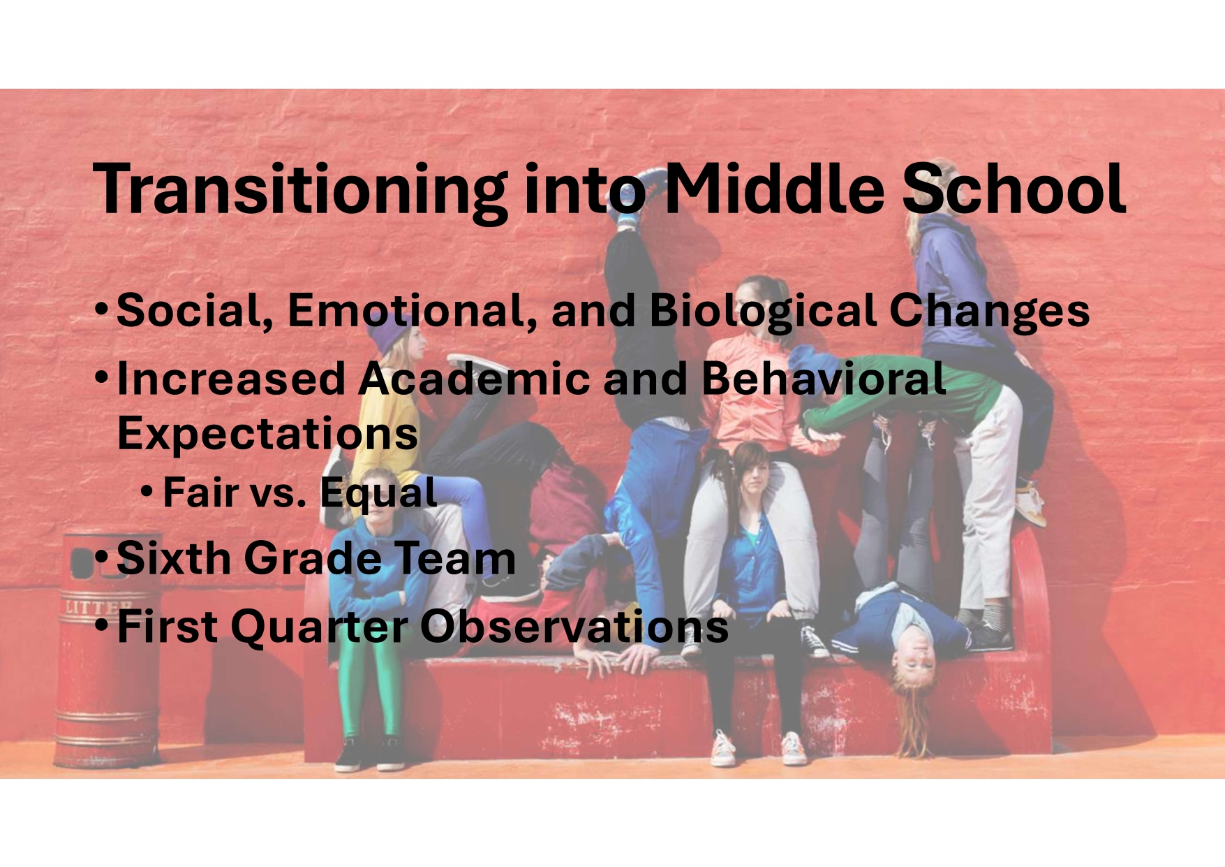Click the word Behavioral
824,379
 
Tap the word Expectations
267,435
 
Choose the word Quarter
319,627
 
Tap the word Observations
574,626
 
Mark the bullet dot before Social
102,307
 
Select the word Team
455,558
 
